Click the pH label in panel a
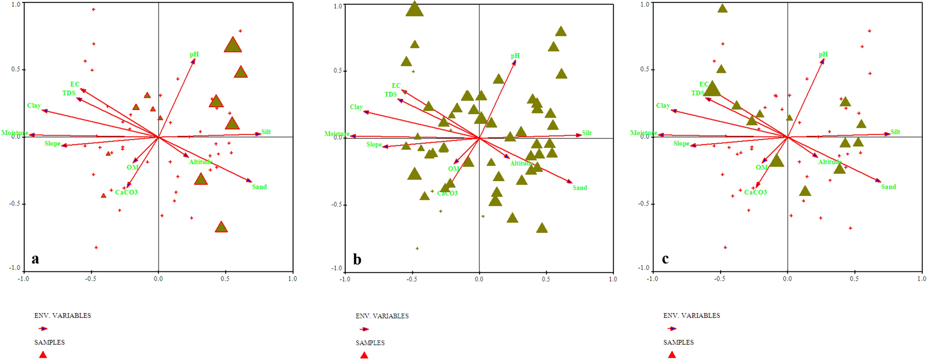[195, 55]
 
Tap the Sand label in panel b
[580, 188]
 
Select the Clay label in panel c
[663, 106]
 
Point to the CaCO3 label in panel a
[126, 192]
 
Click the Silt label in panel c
[895, 132]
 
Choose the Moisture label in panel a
[15, 133]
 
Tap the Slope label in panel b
[374, 145]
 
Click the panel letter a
[35, 259]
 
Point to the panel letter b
[357, 260]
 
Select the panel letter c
[665, 259]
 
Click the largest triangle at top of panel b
[414, 9]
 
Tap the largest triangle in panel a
[233, 45]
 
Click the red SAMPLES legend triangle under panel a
[43, 355]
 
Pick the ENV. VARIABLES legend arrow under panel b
[364, 329]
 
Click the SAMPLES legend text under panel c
[679, 342]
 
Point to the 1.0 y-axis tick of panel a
[16, 4]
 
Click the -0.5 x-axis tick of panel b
[412, 279]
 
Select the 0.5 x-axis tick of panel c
[854, 279]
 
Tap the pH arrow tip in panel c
[823, 60]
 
